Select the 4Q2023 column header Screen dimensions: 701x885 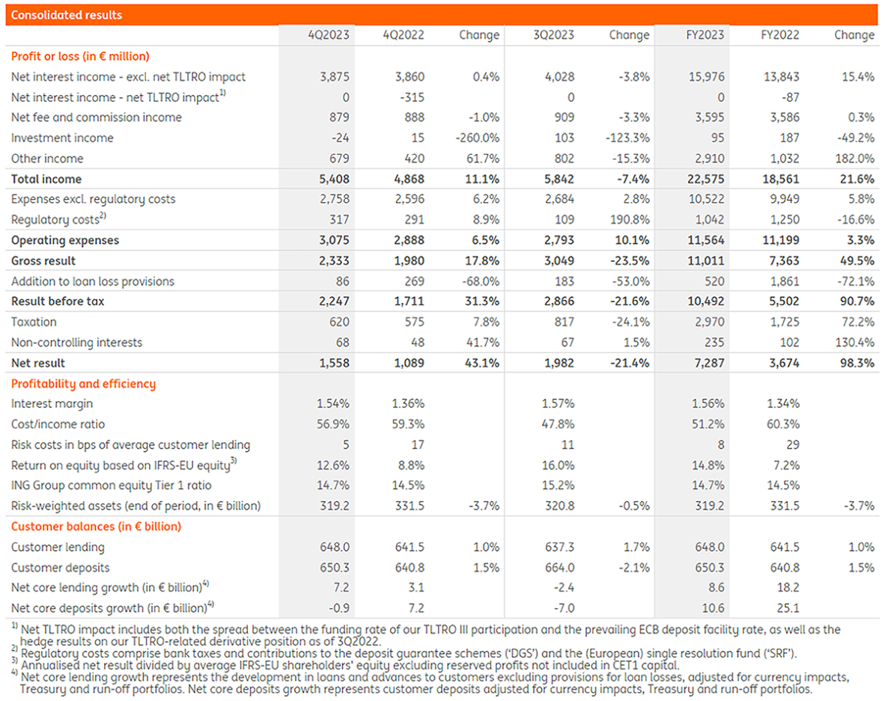(x=329, y=35)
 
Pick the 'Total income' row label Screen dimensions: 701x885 (x=46, y=179)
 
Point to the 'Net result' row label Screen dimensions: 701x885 (x=38, y=363)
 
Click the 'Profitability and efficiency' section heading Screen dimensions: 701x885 (x=83, y=384)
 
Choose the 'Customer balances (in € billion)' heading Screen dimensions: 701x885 (x=96, y=526)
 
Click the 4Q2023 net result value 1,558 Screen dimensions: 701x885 (x=335, y=363)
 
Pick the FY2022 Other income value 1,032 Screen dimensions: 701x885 (x=784, y=159)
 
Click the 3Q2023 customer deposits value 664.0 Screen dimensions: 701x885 (x=560, y=567)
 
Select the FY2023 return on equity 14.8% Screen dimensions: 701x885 (x=708, y=465)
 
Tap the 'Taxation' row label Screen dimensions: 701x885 (x=34, y=322)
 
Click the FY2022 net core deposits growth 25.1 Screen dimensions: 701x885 (x=789, y=608)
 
